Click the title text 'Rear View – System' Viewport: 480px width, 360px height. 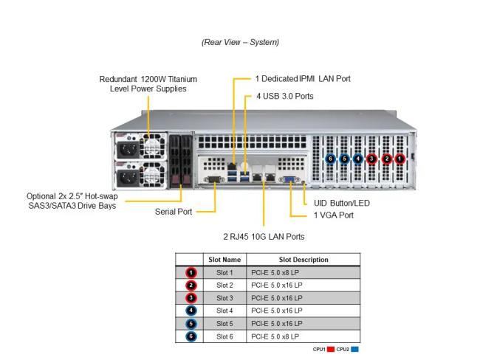(x=240, y=42)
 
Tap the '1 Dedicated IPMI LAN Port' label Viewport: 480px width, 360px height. (x=303, y=78)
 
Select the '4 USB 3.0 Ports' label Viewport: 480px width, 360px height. (x=285, y=96)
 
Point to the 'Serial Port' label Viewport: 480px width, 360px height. (x=174, y=212)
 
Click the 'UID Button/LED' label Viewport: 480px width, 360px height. (x=341, y=203)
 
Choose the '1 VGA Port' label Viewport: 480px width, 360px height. (x=333, y=215)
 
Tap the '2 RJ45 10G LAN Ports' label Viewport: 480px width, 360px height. (x=264, y=237)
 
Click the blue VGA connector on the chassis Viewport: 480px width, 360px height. (x=291, y=178)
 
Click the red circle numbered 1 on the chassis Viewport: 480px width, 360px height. (x=400, y=158)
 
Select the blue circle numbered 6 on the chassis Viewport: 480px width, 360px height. (x=331, y=158)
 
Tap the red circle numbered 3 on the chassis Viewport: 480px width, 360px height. (x=371, y=158)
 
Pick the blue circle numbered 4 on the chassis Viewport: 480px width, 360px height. (x=358, y=158)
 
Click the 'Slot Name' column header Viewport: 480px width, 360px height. (x=224, y=260)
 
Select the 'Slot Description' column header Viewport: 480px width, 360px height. (x=304, y=260)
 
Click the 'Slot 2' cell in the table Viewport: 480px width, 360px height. (x=224, y=285)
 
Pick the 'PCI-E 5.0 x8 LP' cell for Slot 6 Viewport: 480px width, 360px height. (x=275, y=336)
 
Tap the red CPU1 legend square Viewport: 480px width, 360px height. (x=331, y=349)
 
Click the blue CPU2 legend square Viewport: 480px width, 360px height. (x=355, y=349)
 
